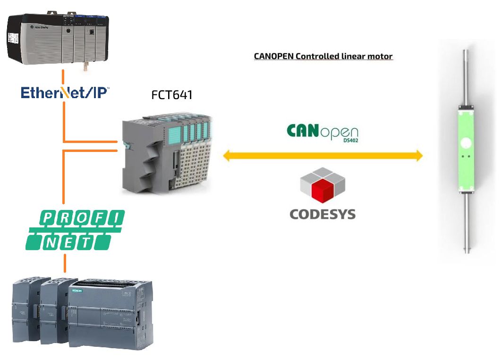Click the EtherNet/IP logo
pyautogui.click(x=65, y=92)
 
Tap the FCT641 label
pyautogui.click(x=172, y=94)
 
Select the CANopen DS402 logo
pyautogui.click(x=322, y=132)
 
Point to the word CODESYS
pyautogui.click(x=322, y=214)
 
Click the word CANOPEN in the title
pyautogui.click(x=273, y=56)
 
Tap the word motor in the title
pyautogui.click(x=380, y=56)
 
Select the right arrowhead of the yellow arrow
pyautogui.click(x=418, y=155)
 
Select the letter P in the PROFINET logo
pyautogui.click(x=49, y=218)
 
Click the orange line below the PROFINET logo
pyautogui.click(x=65, y=262)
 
